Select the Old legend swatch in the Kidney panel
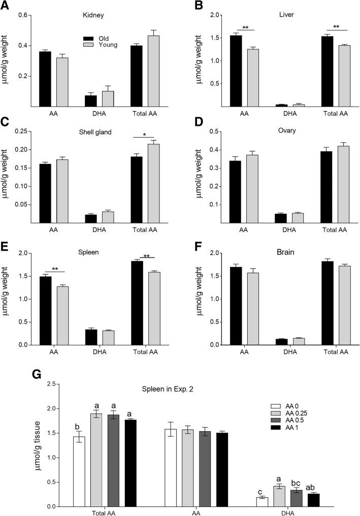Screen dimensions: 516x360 (x=90, y=37)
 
